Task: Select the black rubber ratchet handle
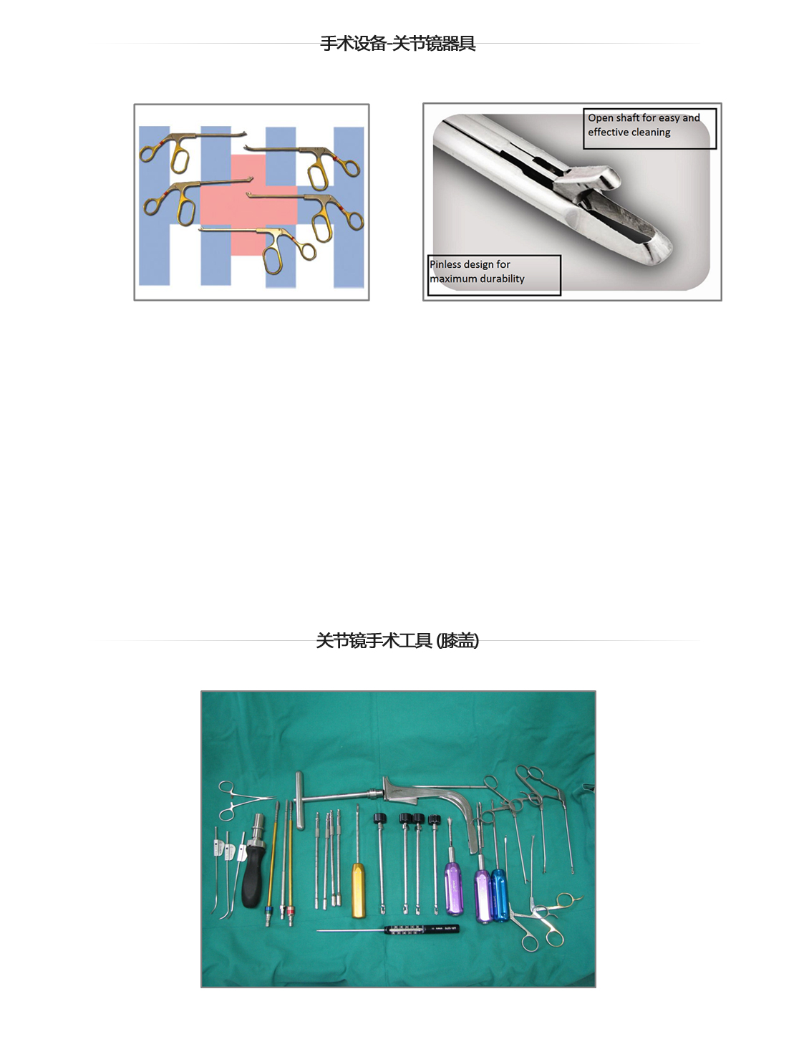point(253,876)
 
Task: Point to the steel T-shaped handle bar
point(300,800)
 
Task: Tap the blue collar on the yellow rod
point(268,911)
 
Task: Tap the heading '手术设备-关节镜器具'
point(398,44)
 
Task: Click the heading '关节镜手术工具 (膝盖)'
point(397,641)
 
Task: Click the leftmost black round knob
point(379,818)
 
